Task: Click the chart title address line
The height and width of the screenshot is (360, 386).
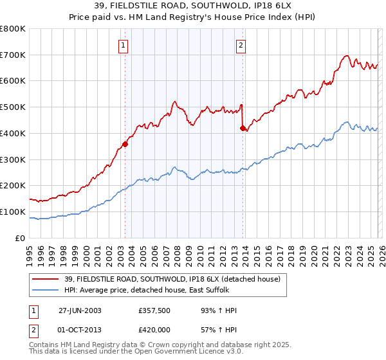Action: tap(193, 7)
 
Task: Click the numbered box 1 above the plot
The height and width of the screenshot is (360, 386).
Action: tap(123, 45)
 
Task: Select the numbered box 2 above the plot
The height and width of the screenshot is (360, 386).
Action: tap(241, 45)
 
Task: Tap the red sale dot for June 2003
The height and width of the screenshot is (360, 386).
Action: tap(125, 144)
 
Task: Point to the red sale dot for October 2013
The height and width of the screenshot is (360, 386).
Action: tap(243, 128)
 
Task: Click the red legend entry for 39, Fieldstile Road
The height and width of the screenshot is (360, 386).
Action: tap(172, 279)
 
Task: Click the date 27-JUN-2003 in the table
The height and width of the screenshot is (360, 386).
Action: tap(80, 310)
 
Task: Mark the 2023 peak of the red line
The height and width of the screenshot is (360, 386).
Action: tap(346, 56)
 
